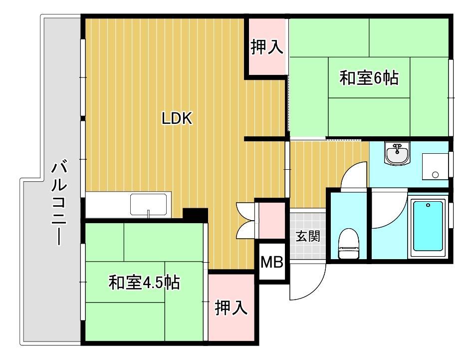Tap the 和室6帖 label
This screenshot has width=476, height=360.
pyautogui.click(x=369, y=78)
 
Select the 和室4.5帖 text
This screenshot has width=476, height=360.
pyautogui.click(x=144, y=283)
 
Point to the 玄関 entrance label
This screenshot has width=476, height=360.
pyautogui.click(x=308, y=236)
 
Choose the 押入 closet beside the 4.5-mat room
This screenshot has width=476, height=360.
pyautogui.click(x=231, y=308)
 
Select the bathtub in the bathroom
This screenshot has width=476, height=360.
pyautogui.click(x=428, y=227)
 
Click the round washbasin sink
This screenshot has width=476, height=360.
pyautogui.click(x=397, y=153)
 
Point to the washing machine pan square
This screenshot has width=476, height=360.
pyautogui.click(x=435, y=167)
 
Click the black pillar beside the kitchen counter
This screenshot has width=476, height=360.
pyautogui.click(x=195, y=215)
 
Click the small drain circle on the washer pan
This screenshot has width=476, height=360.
pyautogui.click(x=435, y=175)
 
